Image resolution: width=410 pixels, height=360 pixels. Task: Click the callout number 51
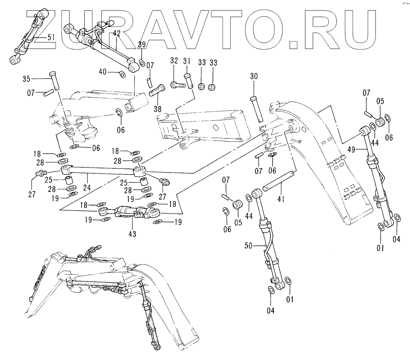coord(51,37)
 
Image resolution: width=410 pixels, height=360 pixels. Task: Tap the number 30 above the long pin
coord(254,76)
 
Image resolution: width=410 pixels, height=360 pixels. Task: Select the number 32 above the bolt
coord(174,61)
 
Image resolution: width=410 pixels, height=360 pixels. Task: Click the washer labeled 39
coord(141,63)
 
